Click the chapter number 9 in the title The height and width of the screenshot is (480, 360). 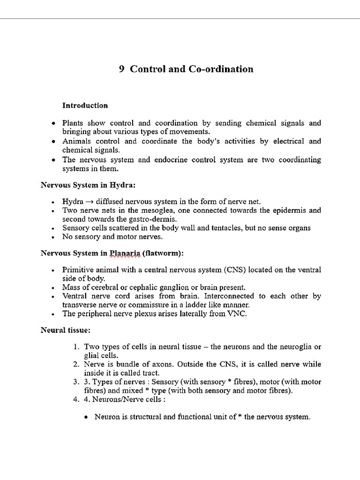coord(121,69)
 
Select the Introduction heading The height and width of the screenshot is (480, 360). coord(85,105)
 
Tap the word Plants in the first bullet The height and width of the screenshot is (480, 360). coord(74,123)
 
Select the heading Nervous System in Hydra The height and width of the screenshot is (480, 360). coord(88,185)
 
